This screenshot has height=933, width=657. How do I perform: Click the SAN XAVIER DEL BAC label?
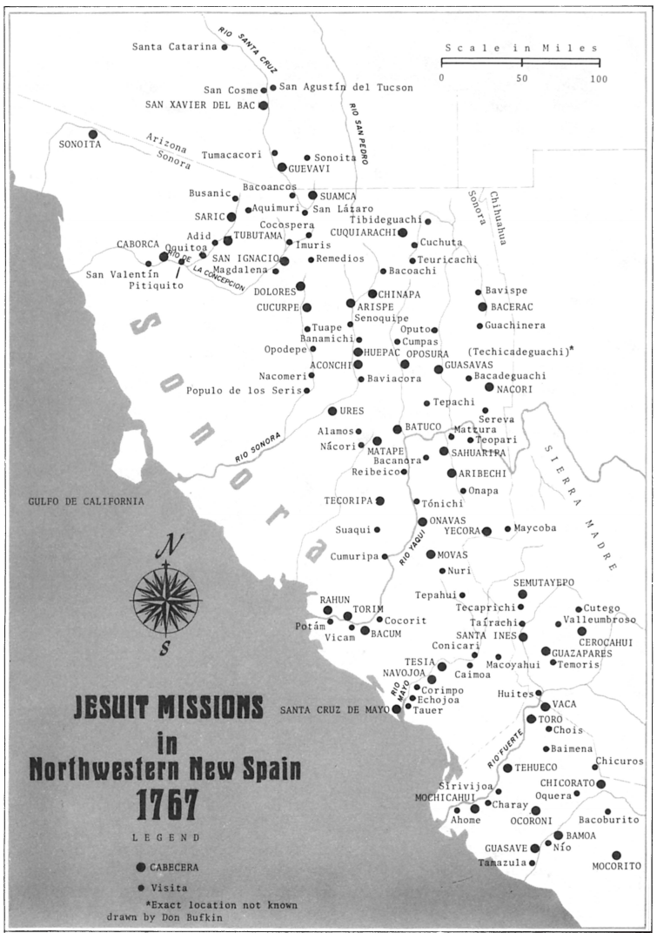(x=200, y=105)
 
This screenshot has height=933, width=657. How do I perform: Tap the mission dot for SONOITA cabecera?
(x=93, y=135)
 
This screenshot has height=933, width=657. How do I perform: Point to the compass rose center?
(x=165, y=599)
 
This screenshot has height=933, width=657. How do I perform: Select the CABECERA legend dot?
(x=141, y=867)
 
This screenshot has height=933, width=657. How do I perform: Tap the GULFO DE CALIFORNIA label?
(x=80, y=501)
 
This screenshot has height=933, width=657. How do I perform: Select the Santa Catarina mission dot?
(x=225, y=47)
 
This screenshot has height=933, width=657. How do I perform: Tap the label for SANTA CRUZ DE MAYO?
(x=334, y=710)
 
